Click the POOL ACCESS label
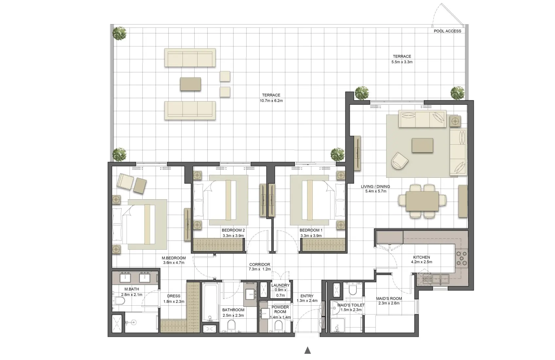click(x=447, y=31)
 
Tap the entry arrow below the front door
click(x=307, y=351)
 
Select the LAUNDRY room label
click(x=280, y=285)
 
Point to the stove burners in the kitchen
click(x=461, y=259)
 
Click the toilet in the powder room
click(x=279, y=325)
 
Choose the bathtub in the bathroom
click(x=210, y=303)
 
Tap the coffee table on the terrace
click(x=190, y=84)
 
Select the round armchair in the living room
click(x=400, y=160)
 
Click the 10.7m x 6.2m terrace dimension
click(x=271, y=101)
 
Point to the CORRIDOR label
click(x=260, y=264)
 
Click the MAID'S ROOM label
click(x=389, y=298)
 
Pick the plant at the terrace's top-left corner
click(x=119, y=33)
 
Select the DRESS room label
click(x=174, y=296)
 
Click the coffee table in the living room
click(x=422, y=145)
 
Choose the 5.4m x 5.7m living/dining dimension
click(x=375, y=191)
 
